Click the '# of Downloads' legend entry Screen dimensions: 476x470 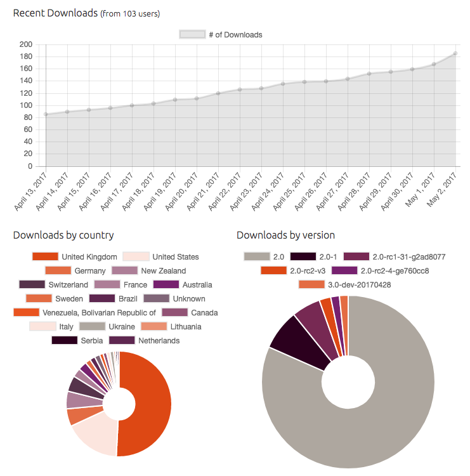(221, 35)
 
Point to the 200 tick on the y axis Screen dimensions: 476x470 (26, 44)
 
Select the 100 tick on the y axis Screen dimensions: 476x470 (26, 105)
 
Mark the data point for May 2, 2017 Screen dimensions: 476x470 (455, 54)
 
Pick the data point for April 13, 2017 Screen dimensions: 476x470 (46, 114)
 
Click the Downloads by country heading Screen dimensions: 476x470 (63, 235)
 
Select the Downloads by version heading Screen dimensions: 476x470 (285, 235)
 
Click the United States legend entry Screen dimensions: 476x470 (160, 257)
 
